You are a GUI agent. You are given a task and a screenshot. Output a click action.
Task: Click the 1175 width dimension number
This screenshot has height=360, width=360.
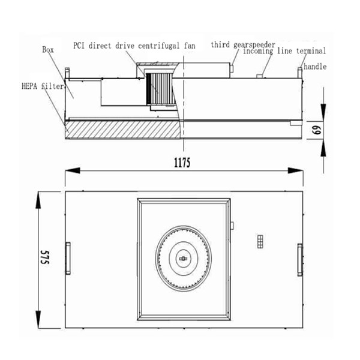182,163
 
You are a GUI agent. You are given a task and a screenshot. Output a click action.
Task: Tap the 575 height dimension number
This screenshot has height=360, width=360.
45,257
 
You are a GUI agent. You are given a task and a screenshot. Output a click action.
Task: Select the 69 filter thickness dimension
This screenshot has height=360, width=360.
317,130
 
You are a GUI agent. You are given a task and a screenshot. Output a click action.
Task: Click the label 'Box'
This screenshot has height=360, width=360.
48,50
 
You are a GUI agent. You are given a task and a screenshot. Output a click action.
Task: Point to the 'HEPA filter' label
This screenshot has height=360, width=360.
43,86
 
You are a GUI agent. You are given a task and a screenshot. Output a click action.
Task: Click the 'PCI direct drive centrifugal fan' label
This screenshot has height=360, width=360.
134,46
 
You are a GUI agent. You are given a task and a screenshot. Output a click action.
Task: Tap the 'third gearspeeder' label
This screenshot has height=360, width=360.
243,44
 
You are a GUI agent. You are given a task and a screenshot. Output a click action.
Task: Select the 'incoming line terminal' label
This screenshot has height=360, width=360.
284,51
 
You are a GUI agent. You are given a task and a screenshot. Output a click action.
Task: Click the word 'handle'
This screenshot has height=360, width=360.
315,67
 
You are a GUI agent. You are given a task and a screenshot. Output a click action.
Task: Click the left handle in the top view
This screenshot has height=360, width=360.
68,258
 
